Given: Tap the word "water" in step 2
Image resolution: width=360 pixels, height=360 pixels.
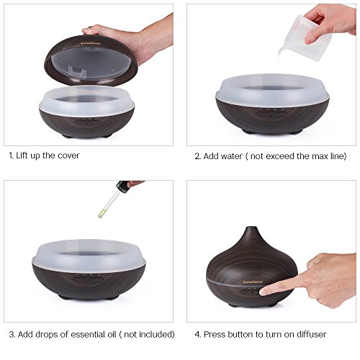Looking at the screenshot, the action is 232,156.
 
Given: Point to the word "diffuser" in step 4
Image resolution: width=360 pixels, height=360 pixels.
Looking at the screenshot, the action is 312,334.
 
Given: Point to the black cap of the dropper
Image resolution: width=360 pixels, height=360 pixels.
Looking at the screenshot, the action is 122,186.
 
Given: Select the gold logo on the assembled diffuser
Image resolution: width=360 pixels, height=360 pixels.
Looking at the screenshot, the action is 253,282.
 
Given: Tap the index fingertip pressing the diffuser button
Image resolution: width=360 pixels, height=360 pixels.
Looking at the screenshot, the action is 264,292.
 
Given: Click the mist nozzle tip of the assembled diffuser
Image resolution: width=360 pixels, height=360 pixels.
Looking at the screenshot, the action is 251,228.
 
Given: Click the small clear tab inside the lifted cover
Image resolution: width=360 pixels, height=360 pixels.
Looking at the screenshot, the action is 77,71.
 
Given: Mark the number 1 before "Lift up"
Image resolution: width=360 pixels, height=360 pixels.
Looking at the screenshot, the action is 11,156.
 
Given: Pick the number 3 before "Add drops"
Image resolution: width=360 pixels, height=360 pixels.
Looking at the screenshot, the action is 12,334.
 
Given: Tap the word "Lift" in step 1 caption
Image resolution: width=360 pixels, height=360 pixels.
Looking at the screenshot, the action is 22,156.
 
